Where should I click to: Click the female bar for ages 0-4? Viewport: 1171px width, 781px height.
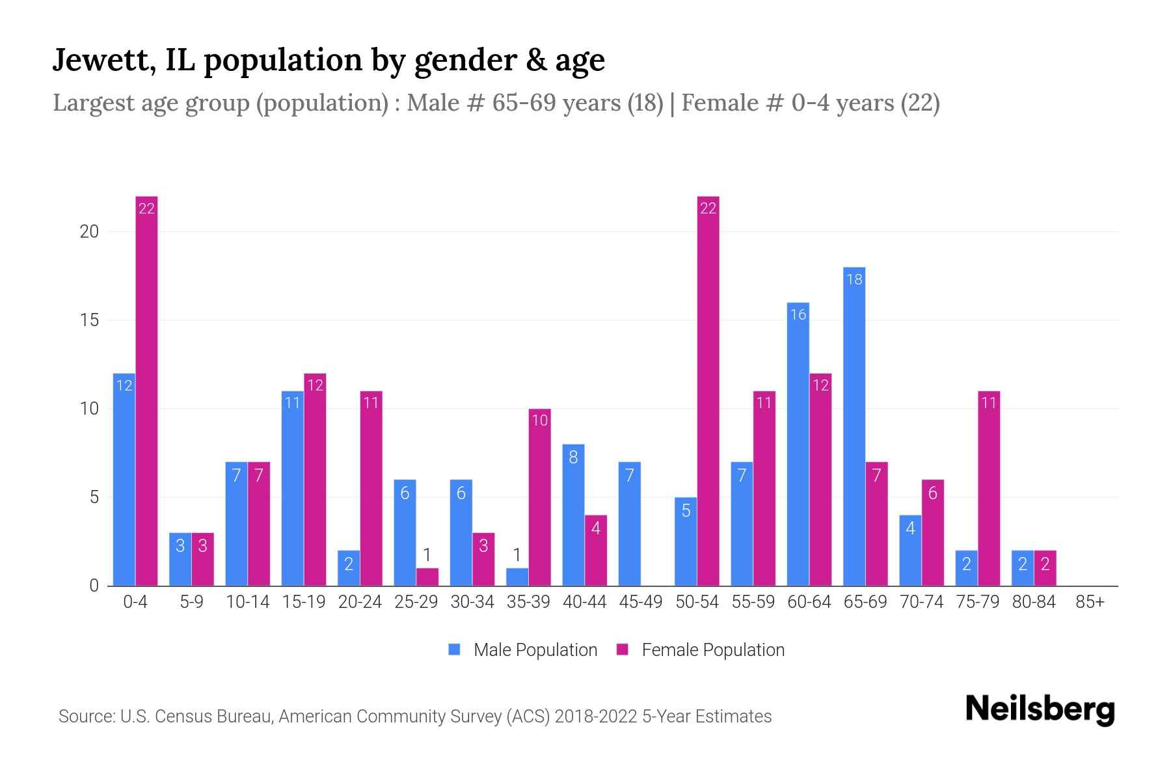pyautogui.click(x=146, y=390)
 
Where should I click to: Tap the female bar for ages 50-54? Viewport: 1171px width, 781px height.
pyautogui.click(x=708, y=390)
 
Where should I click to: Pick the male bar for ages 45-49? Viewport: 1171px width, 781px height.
pyautogui.click(x=629, y=524)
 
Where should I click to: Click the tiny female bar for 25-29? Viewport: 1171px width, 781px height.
pyautogui.click(x=427, y=577)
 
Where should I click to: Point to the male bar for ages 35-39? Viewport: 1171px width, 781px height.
pyautogui.click(x=517, y=577)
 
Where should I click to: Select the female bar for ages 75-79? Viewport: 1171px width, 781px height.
pyautogui.click(x=988, y=488)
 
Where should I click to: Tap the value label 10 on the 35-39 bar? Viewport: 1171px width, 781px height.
pyautogui.click(x=540, y=420)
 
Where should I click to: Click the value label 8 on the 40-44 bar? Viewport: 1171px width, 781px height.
pyautogui.click(x=573, y=457)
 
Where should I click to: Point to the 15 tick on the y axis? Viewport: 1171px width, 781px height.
pyautogui.click(x=89, y=320)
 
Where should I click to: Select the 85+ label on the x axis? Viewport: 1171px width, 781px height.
pyautogui.click(x=1090, y=602)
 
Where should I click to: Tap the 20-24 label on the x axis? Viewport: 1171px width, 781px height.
pyautogui.click(x=360, y=602)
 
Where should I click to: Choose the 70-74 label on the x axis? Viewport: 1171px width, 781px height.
pyautogui.click(x=921, y=602)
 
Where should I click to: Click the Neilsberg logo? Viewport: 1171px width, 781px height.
pyautogui.click(x=1040, y=709)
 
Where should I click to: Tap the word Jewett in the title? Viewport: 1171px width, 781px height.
pyautogui.click(x=103, y=60)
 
